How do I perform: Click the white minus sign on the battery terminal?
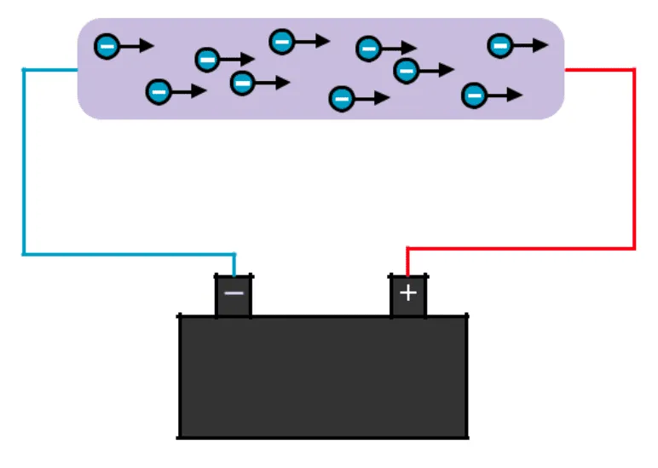[234, 293]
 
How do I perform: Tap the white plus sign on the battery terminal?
[408, 293]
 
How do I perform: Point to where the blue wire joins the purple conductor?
[78, 69]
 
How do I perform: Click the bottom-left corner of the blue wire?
[24, 253]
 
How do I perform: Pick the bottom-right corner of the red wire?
[634, 248]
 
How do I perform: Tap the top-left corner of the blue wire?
[24, 69]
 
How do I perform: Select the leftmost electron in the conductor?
[106, 46]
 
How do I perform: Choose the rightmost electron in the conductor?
[499, 45]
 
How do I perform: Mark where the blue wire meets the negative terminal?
[234, 274]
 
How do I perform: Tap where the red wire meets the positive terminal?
[408, 274]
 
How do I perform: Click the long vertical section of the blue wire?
[24, 162]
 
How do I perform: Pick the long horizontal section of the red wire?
[520, 248]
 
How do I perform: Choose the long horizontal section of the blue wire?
[128, 253]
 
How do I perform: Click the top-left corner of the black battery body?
[180, 316]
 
